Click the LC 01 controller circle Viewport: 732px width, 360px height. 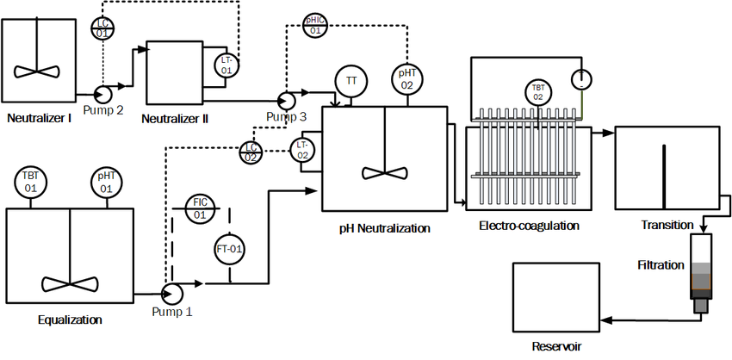pos(102,28)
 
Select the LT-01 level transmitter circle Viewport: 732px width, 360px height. pos(226,65)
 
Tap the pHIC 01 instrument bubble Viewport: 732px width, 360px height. pos(315,25)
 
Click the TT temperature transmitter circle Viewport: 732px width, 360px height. pos(350,80)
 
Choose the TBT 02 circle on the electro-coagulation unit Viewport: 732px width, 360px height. pos(537,93)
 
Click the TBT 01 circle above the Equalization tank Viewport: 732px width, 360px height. pos(30,183)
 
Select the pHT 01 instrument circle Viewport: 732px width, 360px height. pos(106,183)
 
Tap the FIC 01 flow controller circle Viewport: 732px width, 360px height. pos(200,208)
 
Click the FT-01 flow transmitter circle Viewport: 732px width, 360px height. pos(230,249)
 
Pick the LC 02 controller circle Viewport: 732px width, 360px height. pos(251,152)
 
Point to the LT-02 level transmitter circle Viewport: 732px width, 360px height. pos(302,150)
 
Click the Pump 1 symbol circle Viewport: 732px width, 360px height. pos(172,292)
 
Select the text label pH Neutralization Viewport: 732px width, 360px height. pos(384,228)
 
